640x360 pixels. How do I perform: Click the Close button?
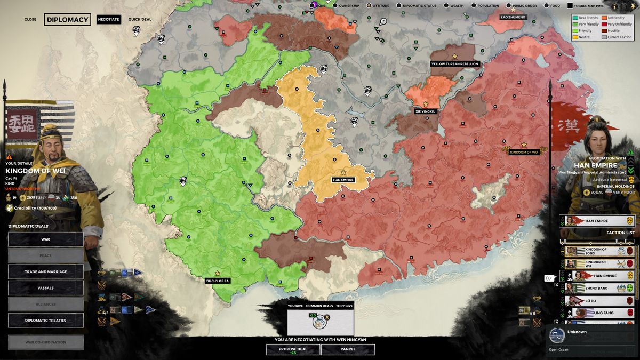(x=30, y=20)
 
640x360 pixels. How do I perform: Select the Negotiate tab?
(x=109, y=20)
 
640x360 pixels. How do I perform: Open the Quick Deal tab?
(x=140, y=20)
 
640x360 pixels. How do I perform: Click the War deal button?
(x=46, y=239)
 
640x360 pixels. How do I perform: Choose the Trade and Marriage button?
(x=46, y=272)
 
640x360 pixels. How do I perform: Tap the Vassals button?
(x=46, y=288)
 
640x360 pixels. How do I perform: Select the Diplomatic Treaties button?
(x=46, y=321)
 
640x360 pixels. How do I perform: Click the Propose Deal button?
(x=293, y=349)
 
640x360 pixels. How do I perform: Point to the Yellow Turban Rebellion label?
(x=455, y=64)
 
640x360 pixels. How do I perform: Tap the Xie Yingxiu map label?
(x=426, y=111)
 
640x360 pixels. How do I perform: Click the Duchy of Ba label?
(x=218, y=281)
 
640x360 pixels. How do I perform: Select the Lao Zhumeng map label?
(x=513, y=17)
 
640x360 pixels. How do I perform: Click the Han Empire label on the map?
(x=343, y=180)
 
